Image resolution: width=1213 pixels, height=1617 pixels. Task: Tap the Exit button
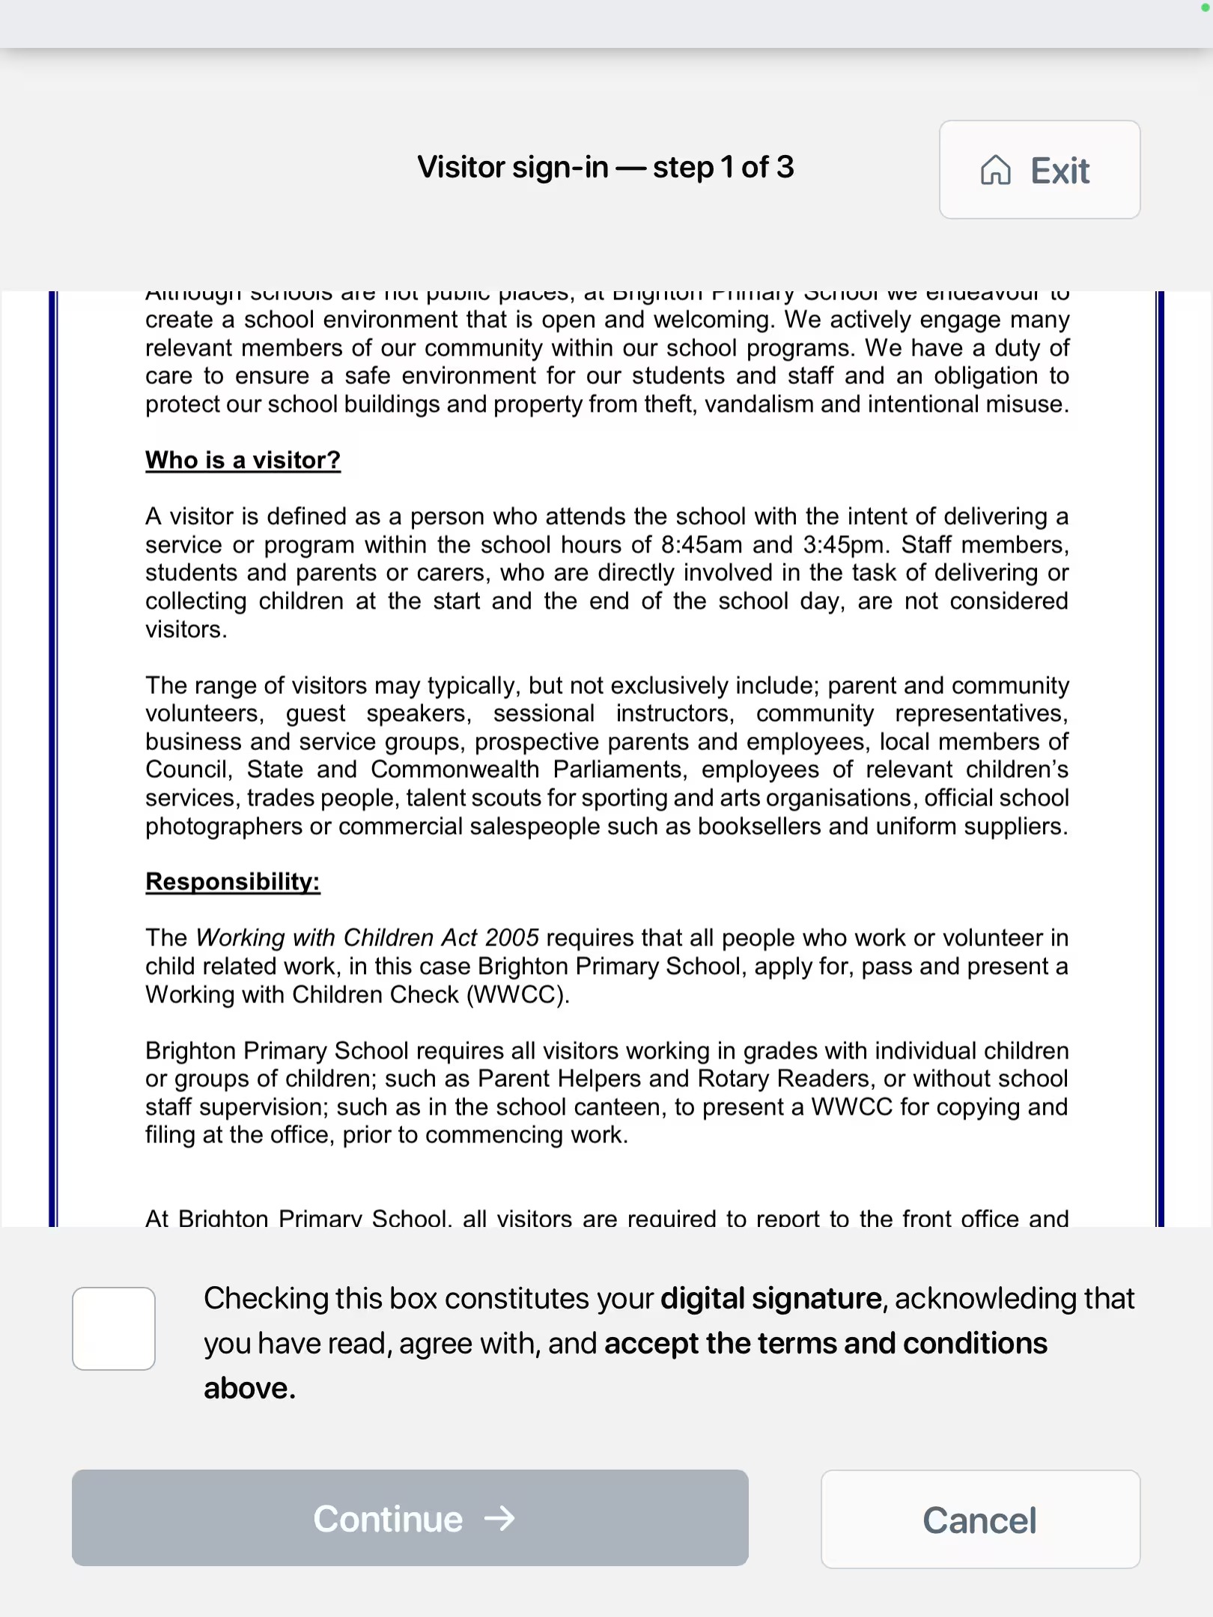(x=1039, y=170)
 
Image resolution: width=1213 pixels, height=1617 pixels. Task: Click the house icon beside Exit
(x=995, y=170)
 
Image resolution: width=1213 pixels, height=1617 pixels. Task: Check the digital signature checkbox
(x=114, y=1329)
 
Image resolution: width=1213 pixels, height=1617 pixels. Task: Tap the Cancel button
(x=980, y=1520)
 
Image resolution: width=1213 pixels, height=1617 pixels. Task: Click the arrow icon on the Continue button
(x=499, y=1518)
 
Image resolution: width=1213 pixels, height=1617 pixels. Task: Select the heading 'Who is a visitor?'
(x=243, y=460)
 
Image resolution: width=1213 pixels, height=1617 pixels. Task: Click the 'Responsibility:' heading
(x=232, y=881)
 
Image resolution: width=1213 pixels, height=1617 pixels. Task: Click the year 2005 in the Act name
(x=511, y=937)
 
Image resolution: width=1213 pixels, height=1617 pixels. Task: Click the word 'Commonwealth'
(x=455, y=769)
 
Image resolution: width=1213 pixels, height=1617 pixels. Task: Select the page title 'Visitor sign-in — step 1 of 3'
(x=605, y=167)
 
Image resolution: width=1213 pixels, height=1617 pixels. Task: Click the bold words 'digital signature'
(x=770, y=1298)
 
